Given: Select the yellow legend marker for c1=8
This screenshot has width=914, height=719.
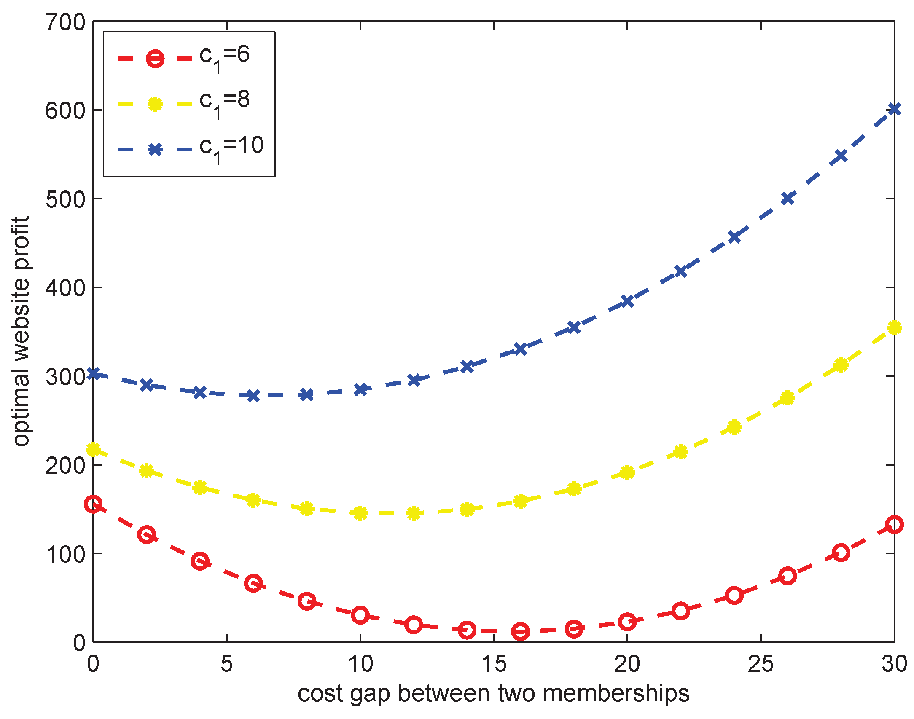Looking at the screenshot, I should [155, 104].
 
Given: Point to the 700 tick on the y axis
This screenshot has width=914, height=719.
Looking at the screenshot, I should [65, 22].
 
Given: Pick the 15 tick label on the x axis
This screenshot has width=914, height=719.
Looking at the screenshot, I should [494, 664].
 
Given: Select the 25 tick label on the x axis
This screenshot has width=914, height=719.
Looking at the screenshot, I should [761, 664].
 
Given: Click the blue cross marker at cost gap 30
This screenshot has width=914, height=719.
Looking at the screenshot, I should [894, 109].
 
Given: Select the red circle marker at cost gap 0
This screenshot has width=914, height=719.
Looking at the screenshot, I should [93, 504].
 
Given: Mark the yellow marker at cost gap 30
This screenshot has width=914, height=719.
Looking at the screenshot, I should [894, 327].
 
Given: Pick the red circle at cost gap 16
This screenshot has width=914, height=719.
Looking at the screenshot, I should [520, 631].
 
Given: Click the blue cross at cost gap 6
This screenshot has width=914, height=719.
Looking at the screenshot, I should [253, 395].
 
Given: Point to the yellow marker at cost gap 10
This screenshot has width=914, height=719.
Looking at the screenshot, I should [360, 513].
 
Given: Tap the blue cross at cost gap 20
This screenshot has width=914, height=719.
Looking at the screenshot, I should [627, 301].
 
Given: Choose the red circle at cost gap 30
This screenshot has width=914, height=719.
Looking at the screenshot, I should [894, 525].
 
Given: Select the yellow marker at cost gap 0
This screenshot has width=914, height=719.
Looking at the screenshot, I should [93, 449].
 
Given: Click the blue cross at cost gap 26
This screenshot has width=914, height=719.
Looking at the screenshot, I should [788, 198].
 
